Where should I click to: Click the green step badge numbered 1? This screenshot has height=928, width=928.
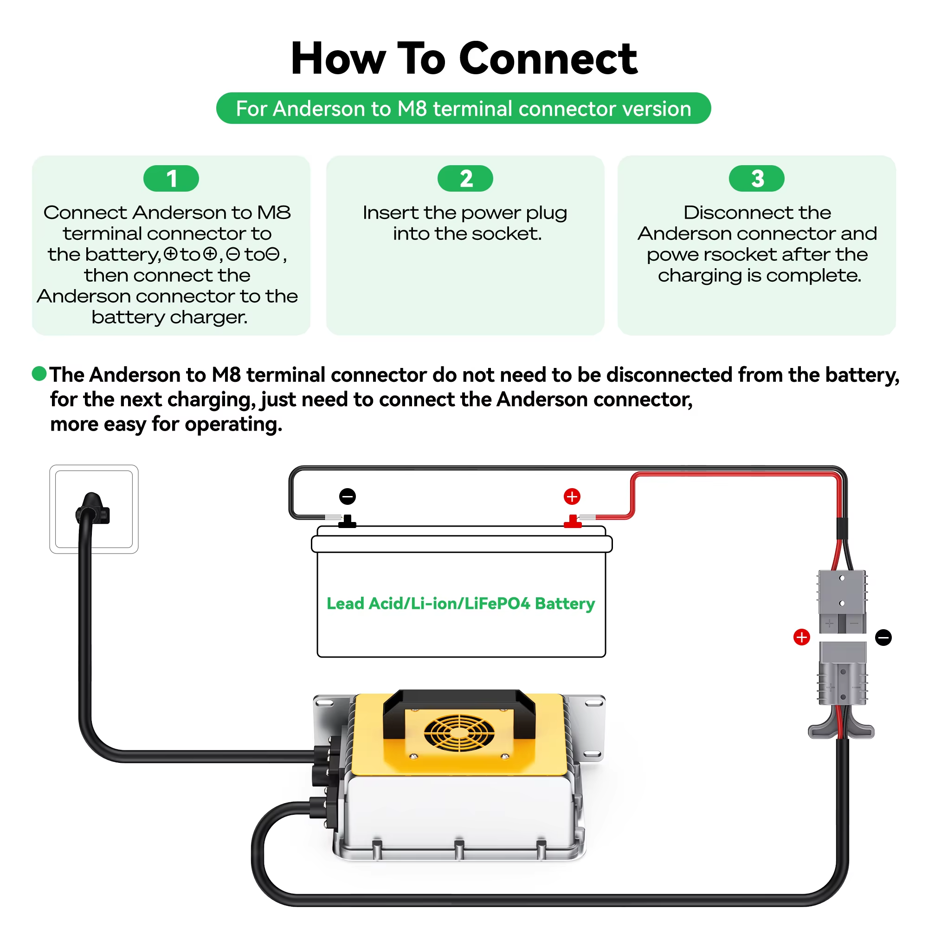[171, 178]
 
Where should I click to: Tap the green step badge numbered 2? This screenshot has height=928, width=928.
[465, 178]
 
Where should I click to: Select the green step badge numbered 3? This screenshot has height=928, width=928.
[756, 178]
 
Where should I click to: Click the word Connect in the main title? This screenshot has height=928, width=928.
[548, 58]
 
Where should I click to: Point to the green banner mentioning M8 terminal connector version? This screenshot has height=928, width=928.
[464, 108]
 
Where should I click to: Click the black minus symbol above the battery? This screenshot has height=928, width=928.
[347, 496]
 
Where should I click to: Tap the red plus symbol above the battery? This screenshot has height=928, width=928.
[572, 496]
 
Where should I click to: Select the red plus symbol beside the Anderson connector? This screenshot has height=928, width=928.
[801, 637]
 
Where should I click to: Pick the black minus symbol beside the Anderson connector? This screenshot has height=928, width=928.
[883, 637]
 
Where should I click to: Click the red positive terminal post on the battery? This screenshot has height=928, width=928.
[573, 522]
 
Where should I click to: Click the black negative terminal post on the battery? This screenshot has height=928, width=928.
[347, 522]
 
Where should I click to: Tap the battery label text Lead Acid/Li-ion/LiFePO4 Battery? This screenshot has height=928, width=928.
[461, 603]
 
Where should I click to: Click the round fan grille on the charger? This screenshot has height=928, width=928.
[459, 733]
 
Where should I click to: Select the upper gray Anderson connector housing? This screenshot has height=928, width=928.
[842, 601]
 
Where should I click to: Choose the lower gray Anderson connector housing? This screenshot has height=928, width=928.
[843, 673]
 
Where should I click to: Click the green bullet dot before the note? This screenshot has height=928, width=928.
[39, 373]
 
